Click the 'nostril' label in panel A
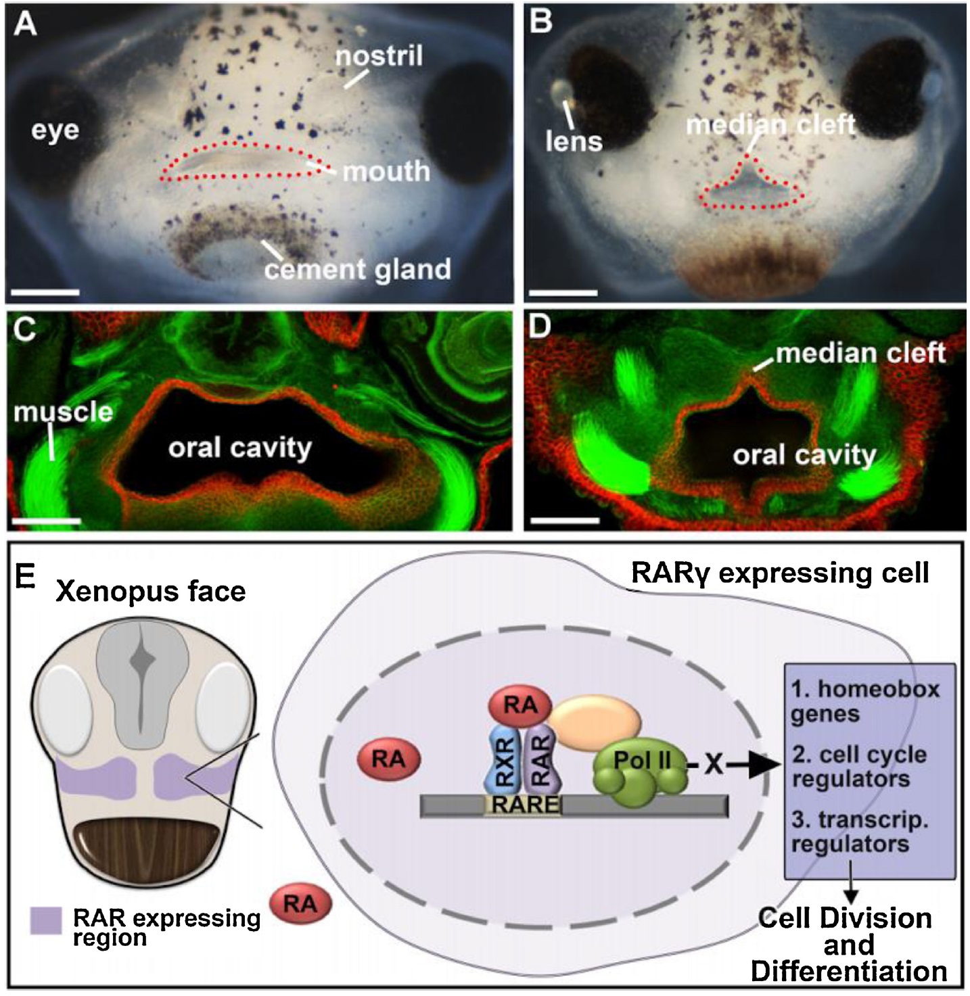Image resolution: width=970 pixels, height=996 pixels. coord(379,55)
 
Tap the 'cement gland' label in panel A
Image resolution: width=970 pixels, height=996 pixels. coord(357,270)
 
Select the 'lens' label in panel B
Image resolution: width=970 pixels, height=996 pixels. coord(574,141)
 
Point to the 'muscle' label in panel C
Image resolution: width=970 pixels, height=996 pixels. coord(63,412)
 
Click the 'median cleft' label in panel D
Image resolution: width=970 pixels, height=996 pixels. coord(860,353)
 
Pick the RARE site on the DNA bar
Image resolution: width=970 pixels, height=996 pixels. coord(526,805)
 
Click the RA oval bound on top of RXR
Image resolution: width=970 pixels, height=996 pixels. coord(520,706)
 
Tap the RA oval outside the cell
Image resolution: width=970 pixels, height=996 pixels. coord(300,904)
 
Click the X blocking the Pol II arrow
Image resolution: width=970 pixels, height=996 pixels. coord(712,765)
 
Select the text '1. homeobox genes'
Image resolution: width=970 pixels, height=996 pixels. coord(865,701)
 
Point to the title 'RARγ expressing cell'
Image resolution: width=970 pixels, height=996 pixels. coord(779,573)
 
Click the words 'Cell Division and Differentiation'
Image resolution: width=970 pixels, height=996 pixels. coord(848,945)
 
